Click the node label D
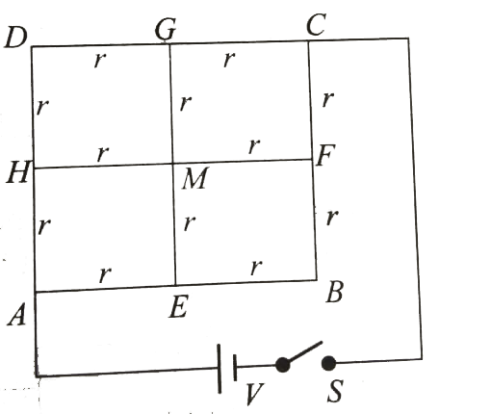[x=15, y=38]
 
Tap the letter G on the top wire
[x=166, y=29]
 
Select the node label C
[x=316, y=24]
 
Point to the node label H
[x=18, y=172]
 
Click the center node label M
[x=195, y=178]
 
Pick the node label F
[x=325, y=155]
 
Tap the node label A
[x=16, y=315]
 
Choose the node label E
[x=178, y=306]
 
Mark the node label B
[x=334, y=292]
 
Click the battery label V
[x=254, y=394]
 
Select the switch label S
[x=335, y=391]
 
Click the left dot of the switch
[x=282, y=365]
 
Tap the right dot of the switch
[x=328, y=363]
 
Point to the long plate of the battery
[x=220, y=369]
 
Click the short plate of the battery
[x=235, y=368]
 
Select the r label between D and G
[x=100, y=60]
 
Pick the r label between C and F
[x=328, y=99]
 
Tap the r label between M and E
[x=190, y=222]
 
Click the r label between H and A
[x=43, y=226]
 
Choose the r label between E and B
[x=256, y=268]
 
